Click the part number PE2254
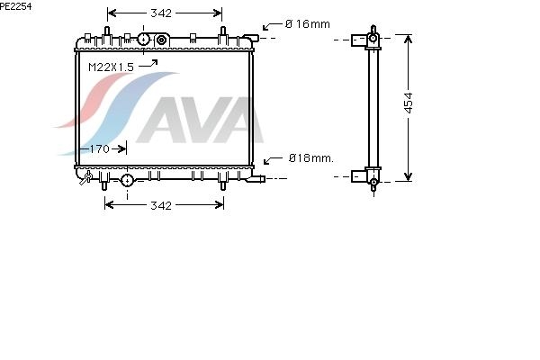15,6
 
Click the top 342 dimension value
161,13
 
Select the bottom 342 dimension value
161,205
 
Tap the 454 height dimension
409,103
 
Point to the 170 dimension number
100,148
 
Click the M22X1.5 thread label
111,67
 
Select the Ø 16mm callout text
308,23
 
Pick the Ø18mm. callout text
311,158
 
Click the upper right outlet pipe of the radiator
251,37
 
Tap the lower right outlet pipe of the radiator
256,179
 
